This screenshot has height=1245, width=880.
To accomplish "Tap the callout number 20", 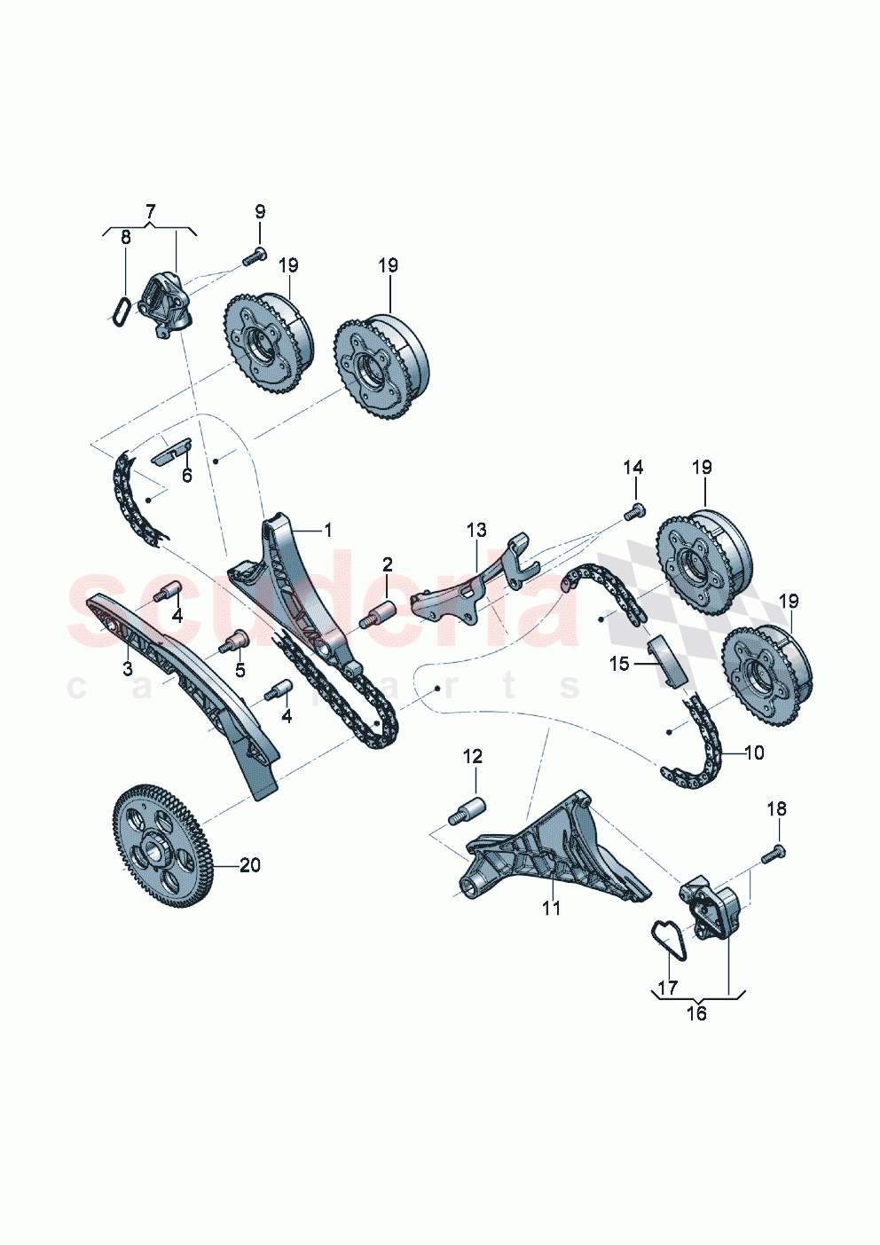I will [x=250, y=864].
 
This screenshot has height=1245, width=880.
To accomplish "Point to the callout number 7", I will [x=150, y=211].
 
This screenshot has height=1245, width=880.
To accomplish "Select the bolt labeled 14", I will [x=635, y=511].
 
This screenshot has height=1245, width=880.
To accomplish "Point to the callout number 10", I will [x=754, y=753].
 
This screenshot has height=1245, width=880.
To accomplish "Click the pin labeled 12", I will [x=470, y=812].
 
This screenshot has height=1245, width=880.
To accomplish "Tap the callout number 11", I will [x=552, y=908].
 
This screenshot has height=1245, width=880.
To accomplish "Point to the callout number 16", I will [x=696, y=1013].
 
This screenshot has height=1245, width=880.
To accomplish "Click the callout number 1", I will [x=327, y=531].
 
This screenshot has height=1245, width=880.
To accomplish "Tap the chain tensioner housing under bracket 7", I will [x=165, y=303].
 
